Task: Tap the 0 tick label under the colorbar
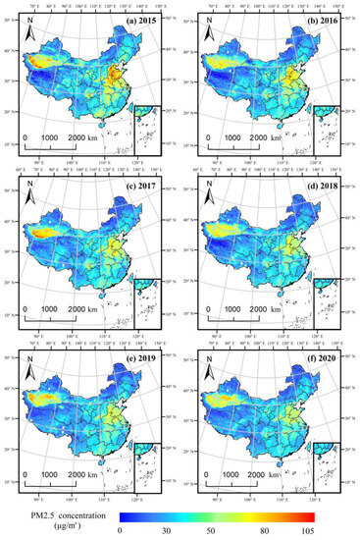point(120,530)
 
